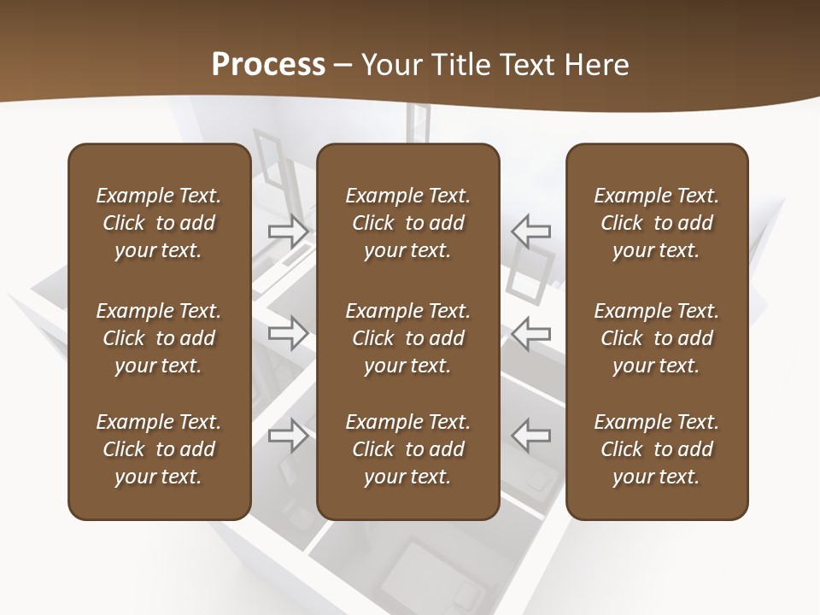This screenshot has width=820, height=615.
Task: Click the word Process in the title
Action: pos(268,65)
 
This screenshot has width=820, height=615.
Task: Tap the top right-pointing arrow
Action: pos(288,231)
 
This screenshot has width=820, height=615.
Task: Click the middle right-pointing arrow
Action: pos(288,333)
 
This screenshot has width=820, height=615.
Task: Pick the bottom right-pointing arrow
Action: pos(288,436)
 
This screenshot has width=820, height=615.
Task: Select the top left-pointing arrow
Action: pos(531,231)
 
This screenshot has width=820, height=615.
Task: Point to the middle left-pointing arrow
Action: pos(531,333)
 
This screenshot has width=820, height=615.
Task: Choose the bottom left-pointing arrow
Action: pos(531,436)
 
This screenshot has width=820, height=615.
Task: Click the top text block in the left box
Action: pos(159,223)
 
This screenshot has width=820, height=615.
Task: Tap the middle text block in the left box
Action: pos(159,338)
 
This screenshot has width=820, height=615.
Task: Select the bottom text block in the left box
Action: pos(159,449)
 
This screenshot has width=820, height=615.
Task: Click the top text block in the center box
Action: pos(407,223)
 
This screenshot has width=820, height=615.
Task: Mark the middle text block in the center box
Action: pos(407,338)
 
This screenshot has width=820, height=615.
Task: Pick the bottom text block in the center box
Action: pos(407,449)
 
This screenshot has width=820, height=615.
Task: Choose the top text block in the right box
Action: pos(656,223)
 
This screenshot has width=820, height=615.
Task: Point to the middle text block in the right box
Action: pos(656,338)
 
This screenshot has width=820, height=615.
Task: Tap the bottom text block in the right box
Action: pos(656,449)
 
